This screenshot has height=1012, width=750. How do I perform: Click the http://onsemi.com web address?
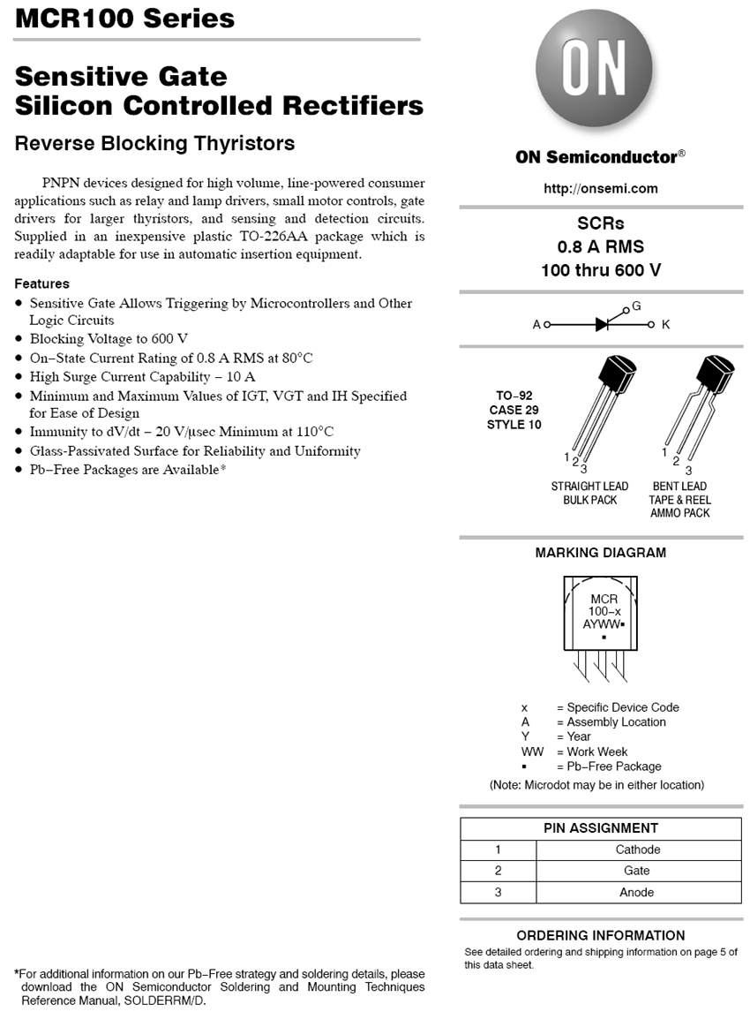point(601,188)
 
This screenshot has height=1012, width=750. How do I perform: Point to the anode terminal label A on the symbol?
point(536,325)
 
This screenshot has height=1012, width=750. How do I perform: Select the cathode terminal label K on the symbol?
point(666,325)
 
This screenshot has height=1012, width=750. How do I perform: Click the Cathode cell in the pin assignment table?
point(637,850)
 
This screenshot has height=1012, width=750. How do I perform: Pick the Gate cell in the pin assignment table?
point(637,871)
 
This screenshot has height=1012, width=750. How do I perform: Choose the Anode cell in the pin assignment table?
point(637,892)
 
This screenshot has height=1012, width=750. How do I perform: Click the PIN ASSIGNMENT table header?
point(601,828)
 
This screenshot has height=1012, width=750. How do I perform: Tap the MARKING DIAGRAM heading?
point(601,553)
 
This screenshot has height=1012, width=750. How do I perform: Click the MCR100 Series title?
point(124,19)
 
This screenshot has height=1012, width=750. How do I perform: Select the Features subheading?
point(41,283)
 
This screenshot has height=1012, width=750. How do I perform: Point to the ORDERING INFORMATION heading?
point(601,935)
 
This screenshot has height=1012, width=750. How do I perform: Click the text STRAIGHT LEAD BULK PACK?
point(589,493)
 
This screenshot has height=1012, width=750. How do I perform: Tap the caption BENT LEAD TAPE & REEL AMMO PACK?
point(679,500)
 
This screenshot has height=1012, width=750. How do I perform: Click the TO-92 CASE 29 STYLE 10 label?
point(514,410)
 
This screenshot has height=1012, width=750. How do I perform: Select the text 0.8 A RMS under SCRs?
point(601,246)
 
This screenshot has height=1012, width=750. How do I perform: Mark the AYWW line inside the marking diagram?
point(603,623)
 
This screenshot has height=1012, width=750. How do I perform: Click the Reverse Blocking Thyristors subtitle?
point(154,143)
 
